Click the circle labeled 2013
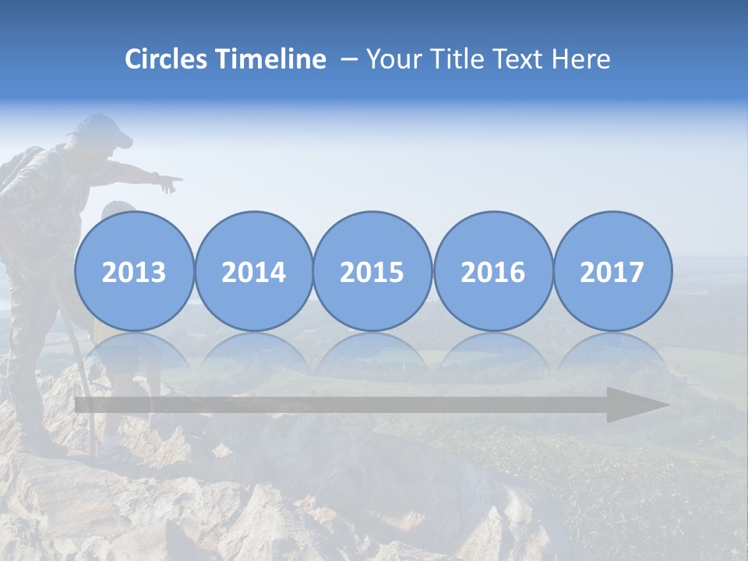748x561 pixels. click(134, 271)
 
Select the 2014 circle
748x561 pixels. click(253, 271)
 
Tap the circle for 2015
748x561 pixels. click(372, 271)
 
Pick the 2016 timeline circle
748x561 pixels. click(492, 271)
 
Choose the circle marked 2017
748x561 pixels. click(612, 271)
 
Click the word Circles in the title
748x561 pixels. click(167, 59)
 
